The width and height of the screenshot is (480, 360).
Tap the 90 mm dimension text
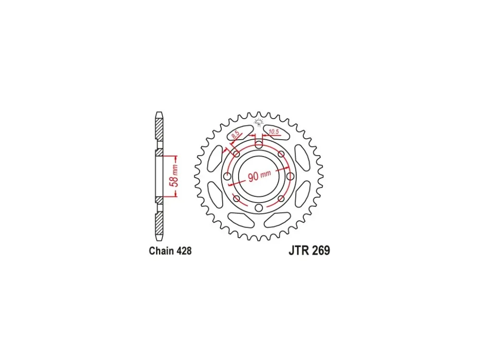coord(259,176)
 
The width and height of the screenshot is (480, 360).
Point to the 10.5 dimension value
coord(274,132)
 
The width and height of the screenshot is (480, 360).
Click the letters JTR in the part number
coord(299,251)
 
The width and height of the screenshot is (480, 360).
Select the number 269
coord(321,251)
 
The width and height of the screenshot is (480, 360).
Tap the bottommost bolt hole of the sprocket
coord(259,208)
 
